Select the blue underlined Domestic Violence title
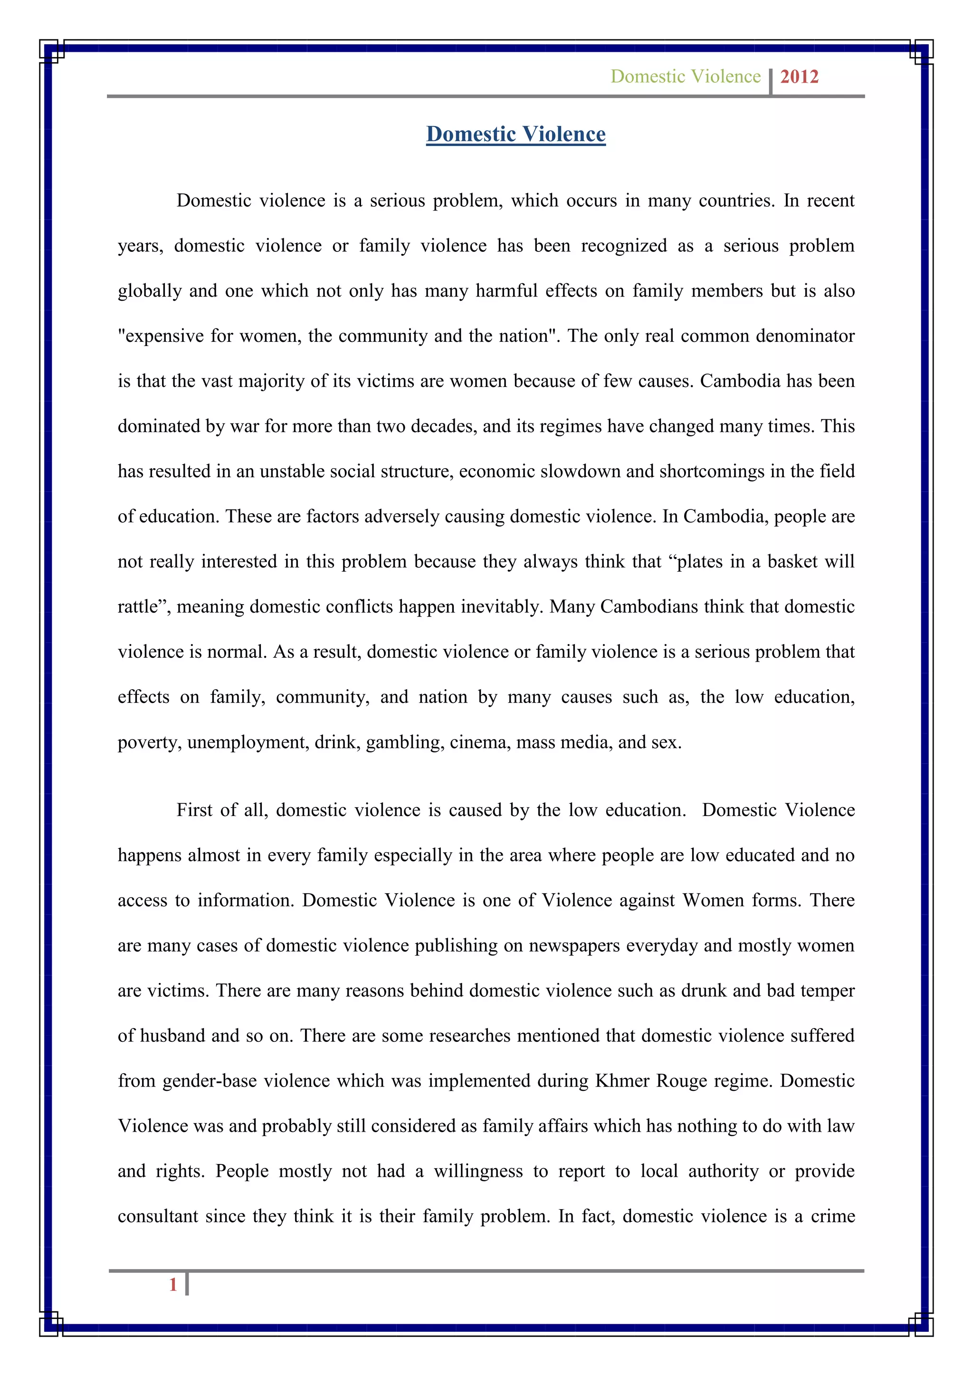click(x=516, y=134)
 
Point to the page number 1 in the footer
click(x=173, y=1284)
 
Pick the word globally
click(x=149, y=291)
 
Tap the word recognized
click(x=623, y=246)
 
